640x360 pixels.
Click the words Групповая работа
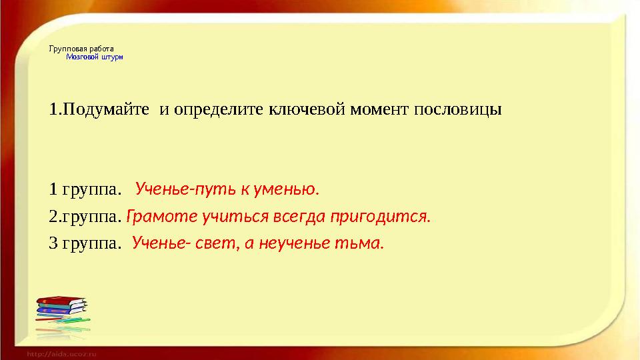81,49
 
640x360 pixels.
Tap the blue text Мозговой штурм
94,57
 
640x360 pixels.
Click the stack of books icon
62,312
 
